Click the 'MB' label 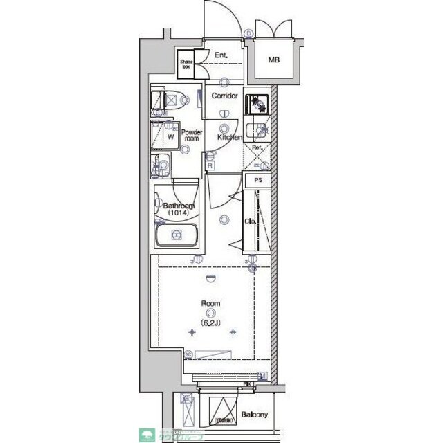coord(274,60)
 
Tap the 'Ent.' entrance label coord(221,55)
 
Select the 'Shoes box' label coord(187,64)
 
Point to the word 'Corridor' coord(225,96)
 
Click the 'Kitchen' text coord(229,137)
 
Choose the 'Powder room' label coord(192,135)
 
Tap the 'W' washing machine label coord(170,136)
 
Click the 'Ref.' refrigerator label coord(256,148)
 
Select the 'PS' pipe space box coord(258,180)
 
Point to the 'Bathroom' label coord(179,206)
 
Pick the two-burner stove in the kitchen coord(256,103)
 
